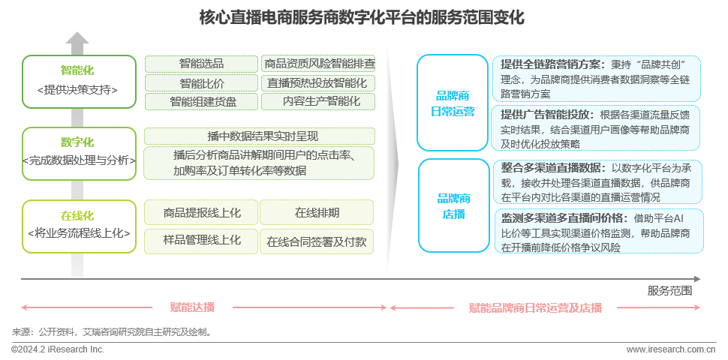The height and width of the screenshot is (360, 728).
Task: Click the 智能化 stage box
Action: pyautogui.click(x=77, y=80)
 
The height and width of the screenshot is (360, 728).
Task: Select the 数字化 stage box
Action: pyautogui.click(x=77, y=152)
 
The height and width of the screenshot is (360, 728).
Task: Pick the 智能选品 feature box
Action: pyautogui.click(x=201, y=64)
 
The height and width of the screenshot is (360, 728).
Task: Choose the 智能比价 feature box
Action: pyautogui.click(x=201, y=82)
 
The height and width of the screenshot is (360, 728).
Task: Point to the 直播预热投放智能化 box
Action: pyautogui.click(x=317, y=82)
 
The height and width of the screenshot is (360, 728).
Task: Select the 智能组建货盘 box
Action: pyautogui.click(x=201, y=101)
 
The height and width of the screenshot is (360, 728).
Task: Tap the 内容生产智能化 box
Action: pyautogui.click(x=317, y=101)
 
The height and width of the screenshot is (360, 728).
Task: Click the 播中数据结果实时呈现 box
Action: pyautogui.click(x=259, y=136)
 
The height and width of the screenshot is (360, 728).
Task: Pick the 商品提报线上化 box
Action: pyautogui.click(x=201, y=213)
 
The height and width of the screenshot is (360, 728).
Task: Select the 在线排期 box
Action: pyautogui.click(x=317, y=213)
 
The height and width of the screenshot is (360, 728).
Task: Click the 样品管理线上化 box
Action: pyautogui.click(x=201, y=241)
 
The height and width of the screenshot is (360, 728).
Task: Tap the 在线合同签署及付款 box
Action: pyautogui.click(x=317, y=241)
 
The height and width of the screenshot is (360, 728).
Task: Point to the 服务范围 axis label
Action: pyautogui.click(x=669, y=290)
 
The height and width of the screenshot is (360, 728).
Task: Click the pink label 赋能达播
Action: pyautogui.click(x=192, y=307)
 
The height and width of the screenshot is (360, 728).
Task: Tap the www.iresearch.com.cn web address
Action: pyautogui.click(x=671, y=349)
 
